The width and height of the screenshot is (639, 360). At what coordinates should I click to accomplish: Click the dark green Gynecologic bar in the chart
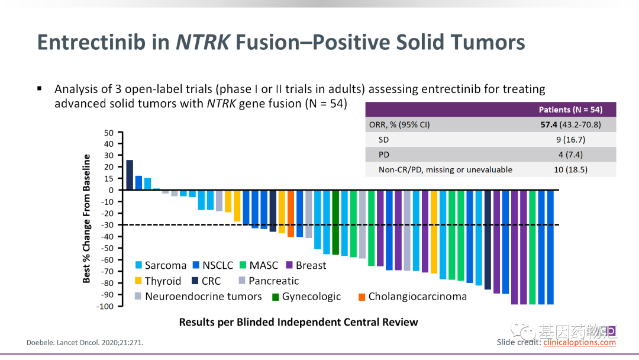point(335,222)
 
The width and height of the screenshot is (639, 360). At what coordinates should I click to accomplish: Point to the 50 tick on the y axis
point(109,132)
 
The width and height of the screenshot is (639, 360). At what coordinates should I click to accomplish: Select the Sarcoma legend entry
point(160,266)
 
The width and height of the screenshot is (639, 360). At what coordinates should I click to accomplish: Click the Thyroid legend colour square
point(138,281)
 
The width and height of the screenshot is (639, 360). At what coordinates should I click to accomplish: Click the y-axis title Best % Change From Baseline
point(87,218)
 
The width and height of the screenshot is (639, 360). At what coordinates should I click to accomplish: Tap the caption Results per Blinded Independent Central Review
point(298,323)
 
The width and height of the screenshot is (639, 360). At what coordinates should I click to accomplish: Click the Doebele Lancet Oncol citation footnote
point(85,342)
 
